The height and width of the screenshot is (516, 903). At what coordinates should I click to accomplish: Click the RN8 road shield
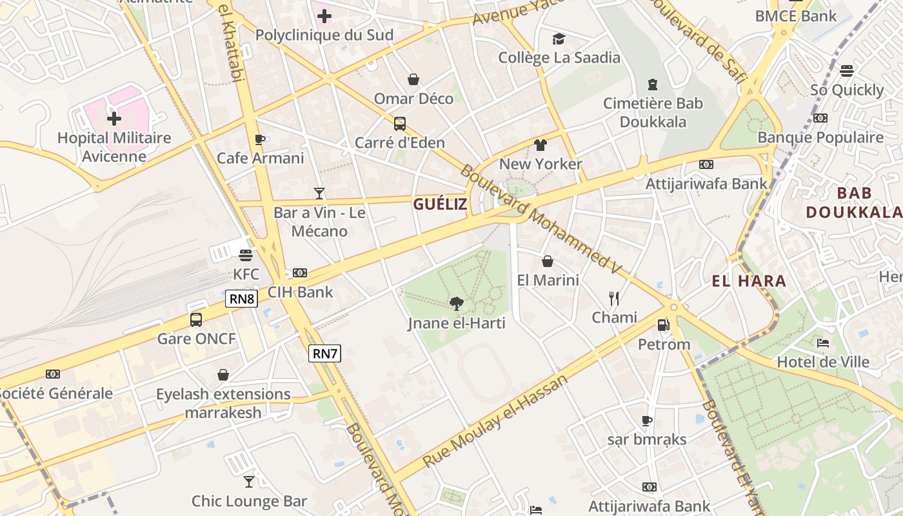pos(242,299)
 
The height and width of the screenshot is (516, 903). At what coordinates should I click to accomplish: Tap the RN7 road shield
pos(324,353)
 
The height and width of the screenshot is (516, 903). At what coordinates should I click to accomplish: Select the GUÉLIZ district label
pos(439,204)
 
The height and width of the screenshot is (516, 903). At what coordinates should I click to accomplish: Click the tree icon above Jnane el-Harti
pos(456,303)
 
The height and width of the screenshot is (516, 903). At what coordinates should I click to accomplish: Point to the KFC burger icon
pos(245,255)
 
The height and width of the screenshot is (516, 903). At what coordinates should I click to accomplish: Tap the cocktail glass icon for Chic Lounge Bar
pos(249,481)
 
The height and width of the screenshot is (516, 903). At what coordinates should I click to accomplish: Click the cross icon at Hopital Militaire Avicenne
pos(114,119)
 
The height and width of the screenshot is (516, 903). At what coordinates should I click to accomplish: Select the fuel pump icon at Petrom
pos(663,325)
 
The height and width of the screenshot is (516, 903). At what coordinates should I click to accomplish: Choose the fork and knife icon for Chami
pos(614,298)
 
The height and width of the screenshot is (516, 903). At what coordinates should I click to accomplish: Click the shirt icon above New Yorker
pos(541,145)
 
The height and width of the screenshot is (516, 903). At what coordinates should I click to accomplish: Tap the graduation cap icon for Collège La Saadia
pos(559,39)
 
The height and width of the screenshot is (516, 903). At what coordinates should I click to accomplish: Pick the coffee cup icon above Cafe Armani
pos(260,139)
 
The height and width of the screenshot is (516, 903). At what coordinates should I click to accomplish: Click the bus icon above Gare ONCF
pos(196,319)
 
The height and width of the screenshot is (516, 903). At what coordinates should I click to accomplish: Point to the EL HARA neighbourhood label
pos(749,281)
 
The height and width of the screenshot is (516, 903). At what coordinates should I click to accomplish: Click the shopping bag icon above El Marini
pos(548,261)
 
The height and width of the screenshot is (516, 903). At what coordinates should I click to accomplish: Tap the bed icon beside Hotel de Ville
pos(822,343)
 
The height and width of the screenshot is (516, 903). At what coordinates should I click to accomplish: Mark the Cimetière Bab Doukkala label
pos(653,112)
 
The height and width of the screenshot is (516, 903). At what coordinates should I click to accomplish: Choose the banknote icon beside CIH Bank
pos(300,273)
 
